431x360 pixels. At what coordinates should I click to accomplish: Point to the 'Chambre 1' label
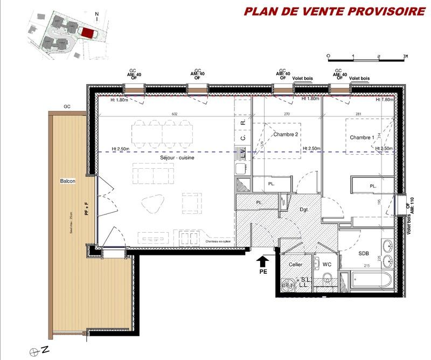point(362,137)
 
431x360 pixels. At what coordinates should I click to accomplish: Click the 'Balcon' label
point(67,181)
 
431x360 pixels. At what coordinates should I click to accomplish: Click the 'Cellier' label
point(295,265)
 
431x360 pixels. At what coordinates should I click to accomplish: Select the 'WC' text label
point(326,265)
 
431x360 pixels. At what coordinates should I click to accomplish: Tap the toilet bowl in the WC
point(327,280)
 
